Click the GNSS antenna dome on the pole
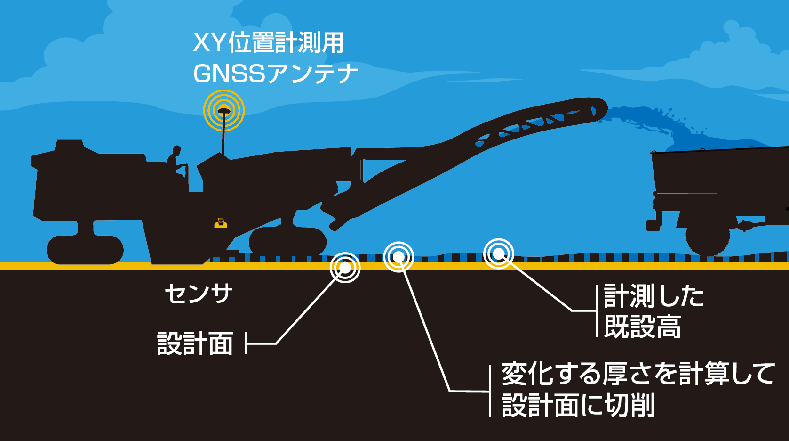click(x=223, y=111)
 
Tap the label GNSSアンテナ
click(x=276, y=73)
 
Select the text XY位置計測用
click(x=268, y=43)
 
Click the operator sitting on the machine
click(x=176, y=161)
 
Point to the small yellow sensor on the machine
click(x=221, y=223)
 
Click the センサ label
click(x=199, y=294)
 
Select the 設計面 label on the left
click(x=195, y=343)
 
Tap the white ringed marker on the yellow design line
click(x=345, y=268)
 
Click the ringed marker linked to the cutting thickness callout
click(x=398, y=256)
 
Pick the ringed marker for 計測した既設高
click(x=498, y=253)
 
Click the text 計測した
click(x=654, y=296)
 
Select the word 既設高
click(x=642, y=327)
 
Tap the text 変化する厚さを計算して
click(x=638, y=373)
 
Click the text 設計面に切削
click(x=578, y=405)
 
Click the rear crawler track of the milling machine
click(x=85, y=250)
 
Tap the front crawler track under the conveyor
click(x=288, y=241)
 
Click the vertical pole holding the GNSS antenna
click(x=223, y=134)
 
